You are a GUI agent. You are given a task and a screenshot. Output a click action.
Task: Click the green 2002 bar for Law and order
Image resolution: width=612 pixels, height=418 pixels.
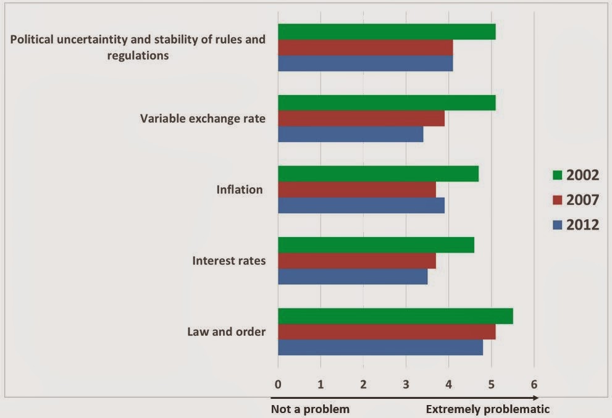tap(395, 316)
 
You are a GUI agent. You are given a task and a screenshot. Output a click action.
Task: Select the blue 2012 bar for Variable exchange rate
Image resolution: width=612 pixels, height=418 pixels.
tap(351, 134)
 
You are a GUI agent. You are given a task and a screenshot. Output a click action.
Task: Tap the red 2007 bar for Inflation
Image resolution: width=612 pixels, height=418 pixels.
tap(357, 190)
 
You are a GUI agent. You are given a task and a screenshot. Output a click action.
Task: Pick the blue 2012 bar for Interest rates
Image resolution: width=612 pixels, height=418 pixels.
tap(353, 277)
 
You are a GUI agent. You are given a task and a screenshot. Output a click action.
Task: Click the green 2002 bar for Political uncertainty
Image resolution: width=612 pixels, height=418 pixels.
tap(387, 31)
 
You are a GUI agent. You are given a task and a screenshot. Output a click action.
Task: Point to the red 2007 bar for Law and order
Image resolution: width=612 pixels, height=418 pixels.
tap(387, 332)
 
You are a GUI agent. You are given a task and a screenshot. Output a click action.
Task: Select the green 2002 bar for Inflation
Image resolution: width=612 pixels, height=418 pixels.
tap(378, 173)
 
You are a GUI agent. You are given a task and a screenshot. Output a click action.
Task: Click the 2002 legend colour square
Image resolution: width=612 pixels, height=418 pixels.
tap(558, 175)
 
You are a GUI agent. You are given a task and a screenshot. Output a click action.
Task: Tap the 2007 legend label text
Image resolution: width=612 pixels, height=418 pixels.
tap(582, 200)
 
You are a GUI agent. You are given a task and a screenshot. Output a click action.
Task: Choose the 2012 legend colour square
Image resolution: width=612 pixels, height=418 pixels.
tap(558, 225)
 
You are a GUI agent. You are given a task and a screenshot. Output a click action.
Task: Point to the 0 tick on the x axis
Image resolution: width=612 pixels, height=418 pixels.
tap(278, 385)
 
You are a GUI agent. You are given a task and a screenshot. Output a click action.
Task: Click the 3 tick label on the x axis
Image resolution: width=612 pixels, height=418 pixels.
tap(406, 385)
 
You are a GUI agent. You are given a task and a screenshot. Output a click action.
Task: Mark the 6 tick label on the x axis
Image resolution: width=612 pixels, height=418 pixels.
tap(534, 385)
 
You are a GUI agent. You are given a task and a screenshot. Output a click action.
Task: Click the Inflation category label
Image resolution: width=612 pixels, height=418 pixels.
tap(240, 190)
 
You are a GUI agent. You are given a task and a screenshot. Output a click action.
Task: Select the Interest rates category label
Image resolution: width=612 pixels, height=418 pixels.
tap(229, 261)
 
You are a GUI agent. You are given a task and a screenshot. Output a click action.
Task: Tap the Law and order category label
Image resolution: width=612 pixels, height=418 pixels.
tap(227, 332)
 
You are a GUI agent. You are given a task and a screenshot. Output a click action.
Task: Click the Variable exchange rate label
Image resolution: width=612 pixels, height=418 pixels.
tap(203, 119)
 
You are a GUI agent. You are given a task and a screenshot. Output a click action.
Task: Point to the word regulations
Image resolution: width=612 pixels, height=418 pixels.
tap(138, 56)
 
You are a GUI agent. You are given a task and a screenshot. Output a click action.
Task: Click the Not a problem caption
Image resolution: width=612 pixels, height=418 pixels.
tap(310, 409)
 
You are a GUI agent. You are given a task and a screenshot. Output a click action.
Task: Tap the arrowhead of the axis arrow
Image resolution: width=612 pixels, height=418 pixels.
tap(536, 398)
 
